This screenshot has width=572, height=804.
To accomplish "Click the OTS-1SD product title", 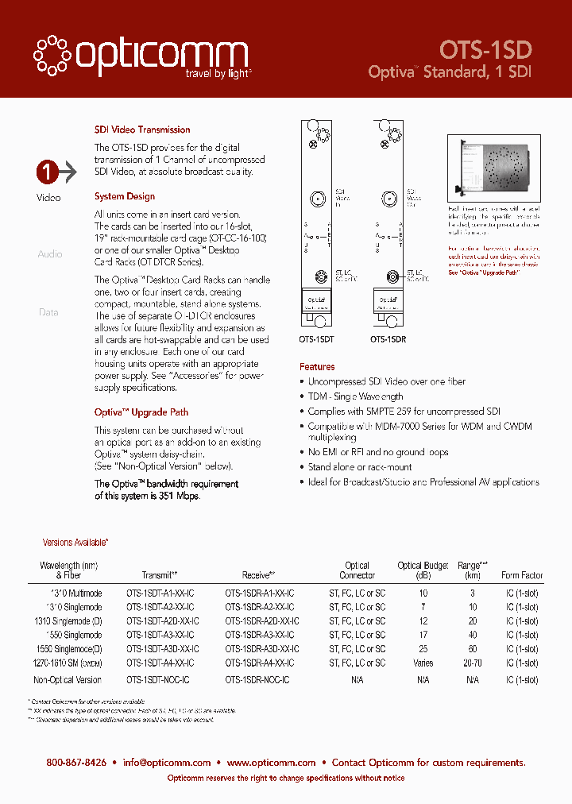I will click(485, 49).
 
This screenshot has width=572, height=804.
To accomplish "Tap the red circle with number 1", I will click(47, 172).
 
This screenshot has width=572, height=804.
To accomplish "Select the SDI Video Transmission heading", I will click(142, 129).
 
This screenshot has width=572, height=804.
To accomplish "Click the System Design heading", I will click(125, 196).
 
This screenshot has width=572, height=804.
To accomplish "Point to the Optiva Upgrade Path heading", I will click(141, 412).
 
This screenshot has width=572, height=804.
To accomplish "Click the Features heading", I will click(317, 367).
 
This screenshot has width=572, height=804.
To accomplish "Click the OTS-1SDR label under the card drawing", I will click(388, 338).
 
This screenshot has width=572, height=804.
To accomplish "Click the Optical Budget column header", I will click(423, 570).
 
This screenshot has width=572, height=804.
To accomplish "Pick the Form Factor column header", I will click(522, 575).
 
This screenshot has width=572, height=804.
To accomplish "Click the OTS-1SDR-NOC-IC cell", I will click(257, 680).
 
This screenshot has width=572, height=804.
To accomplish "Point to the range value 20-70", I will click(473, 663).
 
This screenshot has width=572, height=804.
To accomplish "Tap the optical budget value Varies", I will click(423, 663).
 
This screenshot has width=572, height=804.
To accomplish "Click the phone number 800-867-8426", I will click(76, 763).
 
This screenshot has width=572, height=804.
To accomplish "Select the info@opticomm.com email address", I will click(167, 763).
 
